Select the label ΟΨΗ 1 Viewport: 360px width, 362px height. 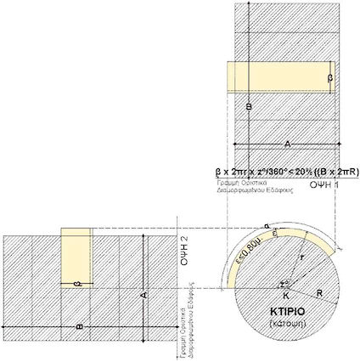(x=324, y=183)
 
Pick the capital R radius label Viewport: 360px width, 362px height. (x=319, y=291)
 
